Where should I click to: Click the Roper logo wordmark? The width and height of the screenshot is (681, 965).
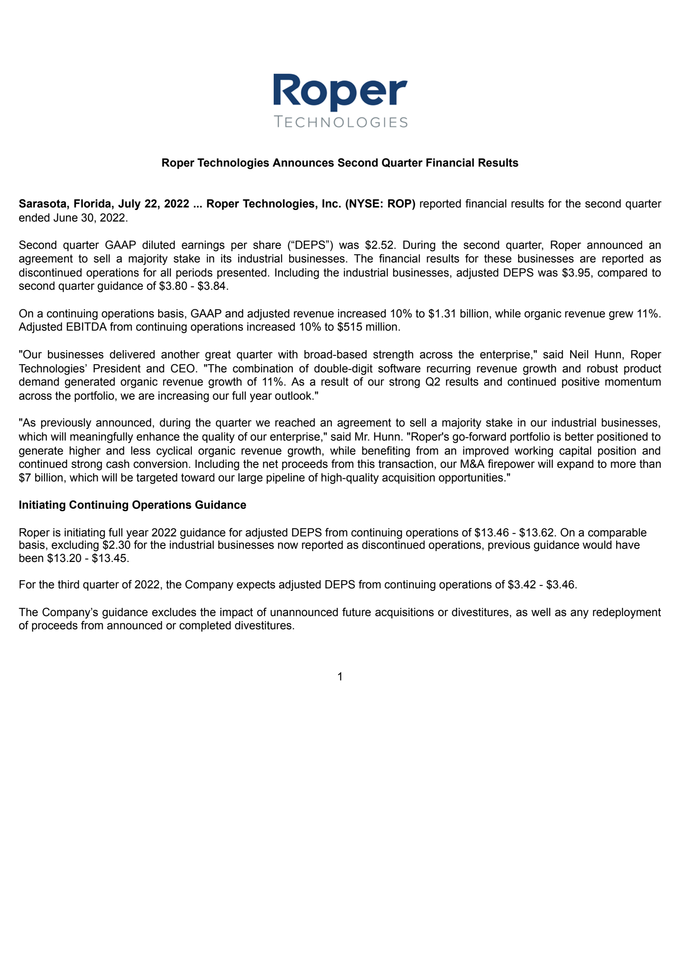pyautogui.click(x=340, y=91)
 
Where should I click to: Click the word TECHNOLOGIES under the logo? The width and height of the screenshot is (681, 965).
pyautogui.click(x=341, y=122)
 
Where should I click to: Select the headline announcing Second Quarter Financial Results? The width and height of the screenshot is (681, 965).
pyautogui.click(x=340, y=163)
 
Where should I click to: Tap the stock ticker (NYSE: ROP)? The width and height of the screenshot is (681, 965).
pyautogui.click(x=380, y=204)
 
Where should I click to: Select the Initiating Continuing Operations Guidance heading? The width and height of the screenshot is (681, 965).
pyautogui.click(x=132, y=505)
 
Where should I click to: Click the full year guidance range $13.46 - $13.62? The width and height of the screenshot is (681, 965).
pyautogui.click(x=514, y=533)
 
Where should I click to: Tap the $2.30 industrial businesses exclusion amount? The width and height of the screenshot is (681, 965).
pyautogui.click(x=116, y=545)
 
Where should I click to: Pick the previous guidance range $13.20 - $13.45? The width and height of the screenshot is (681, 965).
pyautogui.click(x=87, y=558)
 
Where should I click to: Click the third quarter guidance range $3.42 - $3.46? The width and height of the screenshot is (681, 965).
pyautogui.click(x=542, y=585)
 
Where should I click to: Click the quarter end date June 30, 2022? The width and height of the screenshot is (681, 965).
pyautogui.click(x=89, y=218)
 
